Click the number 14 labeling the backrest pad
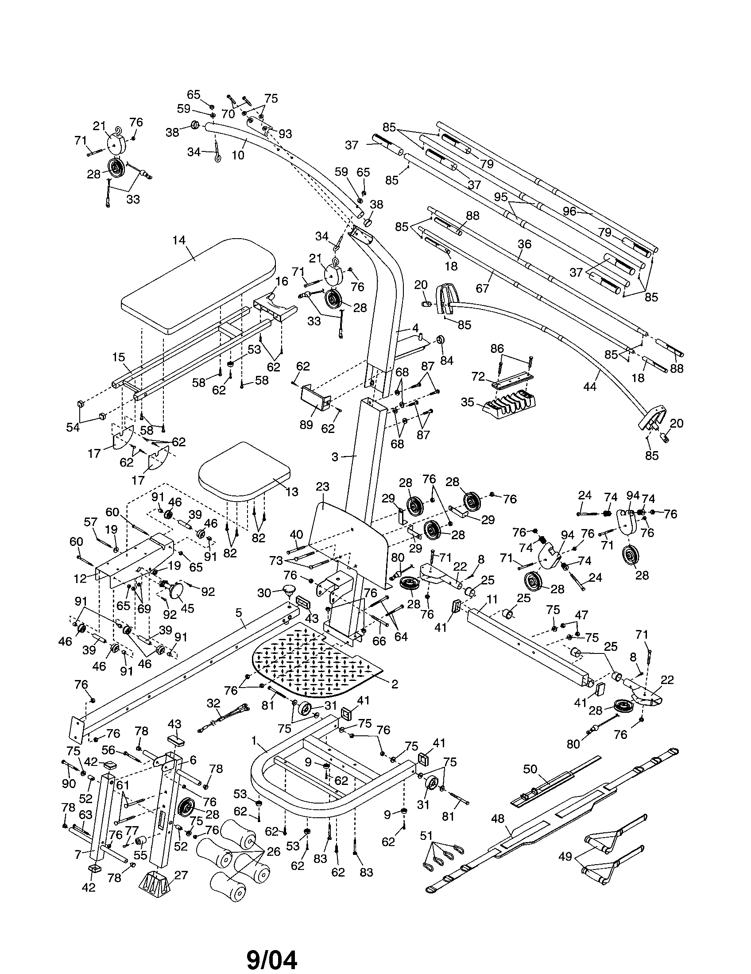click(x=179, y=240)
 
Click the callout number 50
click(x=530, y=769)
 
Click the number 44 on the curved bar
click(x=589, y=387)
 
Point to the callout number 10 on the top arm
click(x=238, y=155)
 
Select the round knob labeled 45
click(x=175, y=591)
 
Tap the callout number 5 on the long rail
click(x=239, y=613)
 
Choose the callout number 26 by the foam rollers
click(x=273, y=851)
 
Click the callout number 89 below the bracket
click(x=306, y=425)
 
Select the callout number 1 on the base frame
click(x=254, y=741)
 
